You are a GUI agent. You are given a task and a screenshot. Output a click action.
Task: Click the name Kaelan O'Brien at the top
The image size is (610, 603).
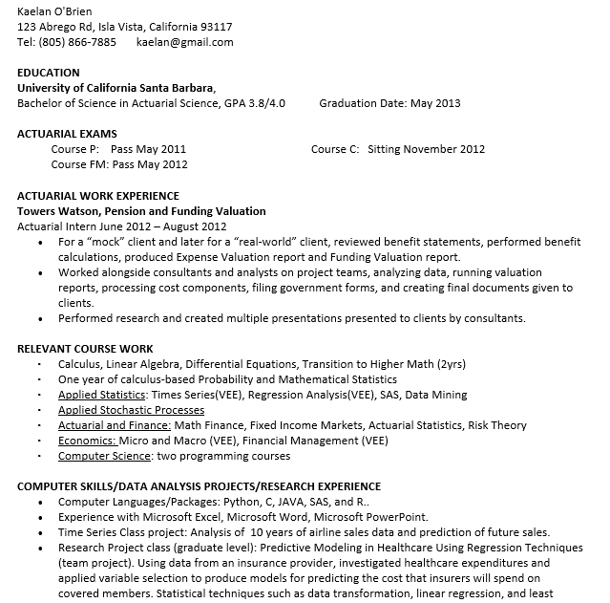pos(54,11)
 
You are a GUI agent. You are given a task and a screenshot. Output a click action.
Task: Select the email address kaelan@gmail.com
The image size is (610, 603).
pos(184,42)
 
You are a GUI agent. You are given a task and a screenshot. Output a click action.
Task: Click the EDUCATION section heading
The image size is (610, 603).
pos(49,73)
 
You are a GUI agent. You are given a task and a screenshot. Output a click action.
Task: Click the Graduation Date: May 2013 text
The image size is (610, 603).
pos(389,103)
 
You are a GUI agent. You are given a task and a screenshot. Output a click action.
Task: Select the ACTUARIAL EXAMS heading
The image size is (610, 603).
pos(67,134)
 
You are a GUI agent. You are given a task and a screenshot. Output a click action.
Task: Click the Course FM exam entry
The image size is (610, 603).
pos(119,164)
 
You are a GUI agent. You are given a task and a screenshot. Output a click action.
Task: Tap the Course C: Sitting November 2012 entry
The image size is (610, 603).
pos(398,149)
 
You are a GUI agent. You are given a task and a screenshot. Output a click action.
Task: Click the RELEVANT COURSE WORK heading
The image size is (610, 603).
pos(85,349)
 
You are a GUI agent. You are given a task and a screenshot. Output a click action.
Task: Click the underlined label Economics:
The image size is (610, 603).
pos(87,441)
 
